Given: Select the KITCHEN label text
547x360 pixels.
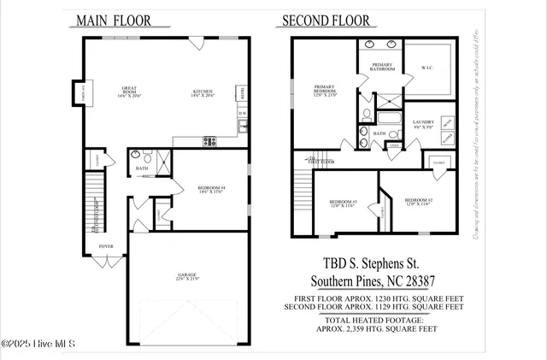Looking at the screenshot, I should coord(203,93).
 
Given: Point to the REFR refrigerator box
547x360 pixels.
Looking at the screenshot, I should coord(243,91).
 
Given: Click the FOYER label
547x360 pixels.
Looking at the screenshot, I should coord(105,246).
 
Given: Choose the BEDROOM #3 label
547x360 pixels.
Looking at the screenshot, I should coord(343,202).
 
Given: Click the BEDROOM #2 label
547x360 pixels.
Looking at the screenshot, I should coord(418,200).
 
